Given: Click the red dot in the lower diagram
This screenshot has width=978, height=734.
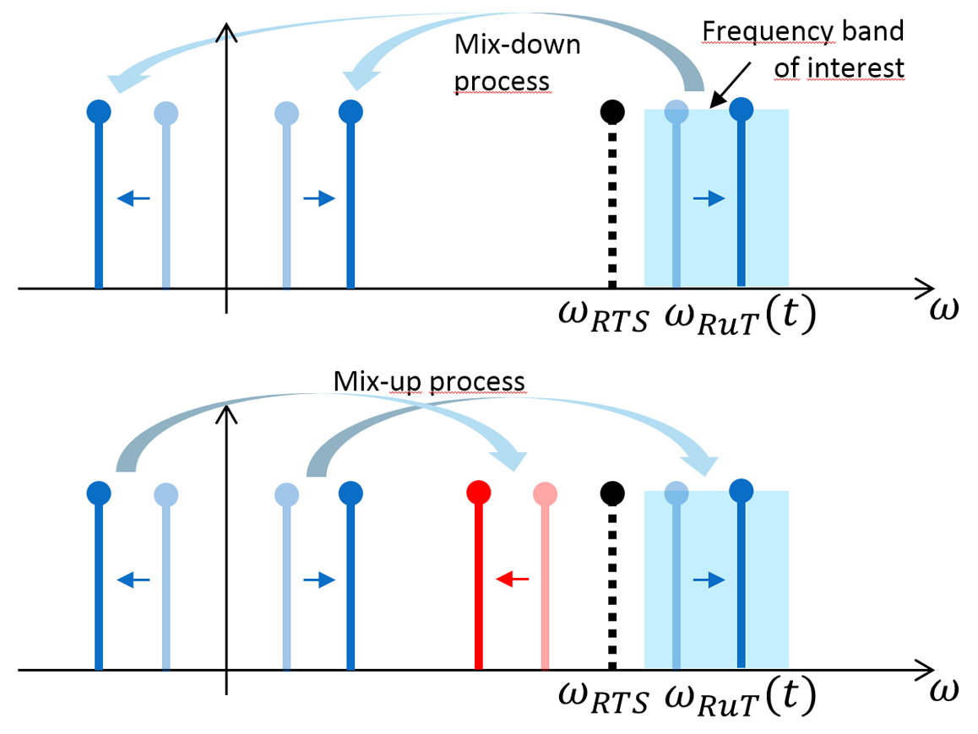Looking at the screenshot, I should (x=479, y=491).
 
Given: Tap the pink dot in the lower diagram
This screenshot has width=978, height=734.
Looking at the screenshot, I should (x=545, y=492).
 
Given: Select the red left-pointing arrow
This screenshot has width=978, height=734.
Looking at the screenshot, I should (x=512, y=579).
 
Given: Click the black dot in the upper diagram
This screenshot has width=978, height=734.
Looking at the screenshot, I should (x=611, y=111).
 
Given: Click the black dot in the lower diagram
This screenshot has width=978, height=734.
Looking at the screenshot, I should (x=611, y=492).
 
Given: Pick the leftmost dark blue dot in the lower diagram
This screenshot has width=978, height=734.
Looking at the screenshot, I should (x=99, y=491).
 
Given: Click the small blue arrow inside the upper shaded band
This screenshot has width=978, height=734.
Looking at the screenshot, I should (x=708, y=198).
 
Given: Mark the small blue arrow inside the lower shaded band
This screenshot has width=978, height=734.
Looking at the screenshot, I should (x=708, y=579).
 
